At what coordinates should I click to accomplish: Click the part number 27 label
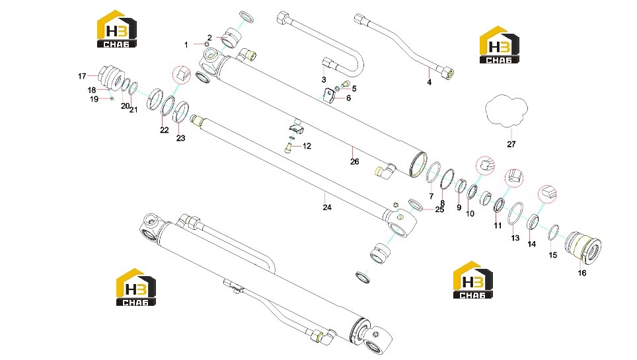(511, 144)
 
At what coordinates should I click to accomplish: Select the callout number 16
(582, 273)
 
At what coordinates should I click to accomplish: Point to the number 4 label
(429, 82)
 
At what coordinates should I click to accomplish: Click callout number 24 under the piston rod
(327, 207)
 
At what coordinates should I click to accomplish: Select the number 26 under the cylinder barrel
(355, 162)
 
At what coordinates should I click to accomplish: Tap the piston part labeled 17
(110, 77)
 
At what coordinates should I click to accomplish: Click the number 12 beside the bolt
(307, 146)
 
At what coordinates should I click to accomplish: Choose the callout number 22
(164, 130)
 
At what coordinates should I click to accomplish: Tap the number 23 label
(181, 138)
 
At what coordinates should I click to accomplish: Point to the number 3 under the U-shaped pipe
(324, 80)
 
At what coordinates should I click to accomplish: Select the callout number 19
(94, 98)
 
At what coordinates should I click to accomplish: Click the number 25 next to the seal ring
(439, 209)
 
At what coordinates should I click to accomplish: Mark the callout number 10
(470, 214)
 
